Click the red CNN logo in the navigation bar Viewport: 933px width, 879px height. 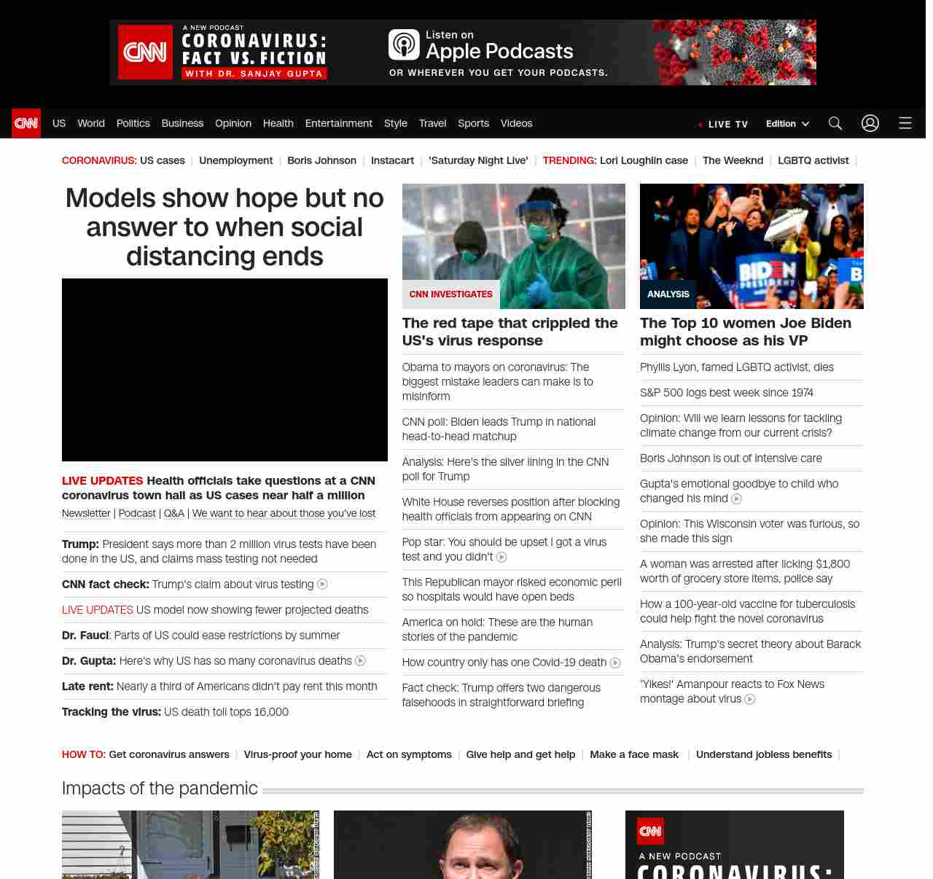pos(26,123)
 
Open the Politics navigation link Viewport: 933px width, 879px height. pos(133,123)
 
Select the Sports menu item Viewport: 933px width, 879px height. pos(473,123)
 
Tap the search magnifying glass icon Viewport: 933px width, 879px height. pos(835,123)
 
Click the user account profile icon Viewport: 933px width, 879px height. pos(870,123)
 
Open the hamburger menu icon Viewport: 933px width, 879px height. pos(905,123)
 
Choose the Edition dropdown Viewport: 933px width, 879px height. pos(787,124)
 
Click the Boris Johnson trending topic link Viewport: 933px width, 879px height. pos(321,160)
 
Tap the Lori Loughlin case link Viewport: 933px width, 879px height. pos(644,160)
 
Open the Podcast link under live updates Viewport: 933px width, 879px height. pos(137,513)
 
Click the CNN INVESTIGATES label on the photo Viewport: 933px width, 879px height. pos(450,294)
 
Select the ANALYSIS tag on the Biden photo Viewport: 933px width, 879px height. pos(668,294)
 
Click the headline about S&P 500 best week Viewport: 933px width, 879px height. pos(726,393)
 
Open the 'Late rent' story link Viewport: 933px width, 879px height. pos(219,687)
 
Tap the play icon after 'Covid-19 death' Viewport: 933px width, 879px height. pos(615,663)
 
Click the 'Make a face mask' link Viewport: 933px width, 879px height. pos(633,754)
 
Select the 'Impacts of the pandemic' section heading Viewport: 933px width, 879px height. pos(160,789)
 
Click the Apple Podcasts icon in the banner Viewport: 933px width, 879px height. pos(404,44)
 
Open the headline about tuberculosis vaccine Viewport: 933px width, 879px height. pos(746,611)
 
